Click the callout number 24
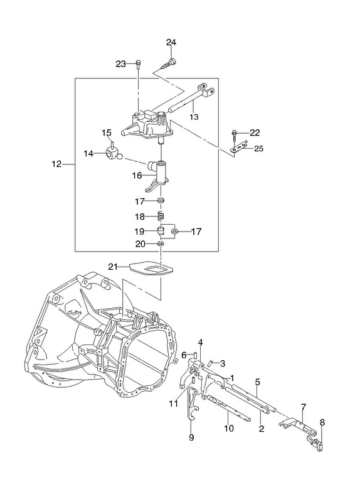click(171, 42)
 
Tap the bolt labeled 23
click(138, 64)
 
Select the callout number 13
click(194, 117)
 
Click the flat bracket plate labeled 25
click(239, 148)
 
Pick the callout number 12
click(56, 164)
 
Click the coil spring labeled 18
click(162, 216)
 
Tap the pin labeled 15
click(112, 143)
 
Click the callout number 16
click(137, 176)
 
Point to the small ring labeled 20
click(161, 244)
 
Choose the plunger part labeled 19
click(161, 231)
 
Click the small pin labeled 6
click(194, 355)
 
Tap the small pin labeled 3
click(210, 363)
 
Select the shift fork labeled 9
click(192, 405)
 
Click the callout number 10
click(229, 428)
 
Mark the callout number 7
click(304, 407)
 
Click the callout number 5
click(258, 382)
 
